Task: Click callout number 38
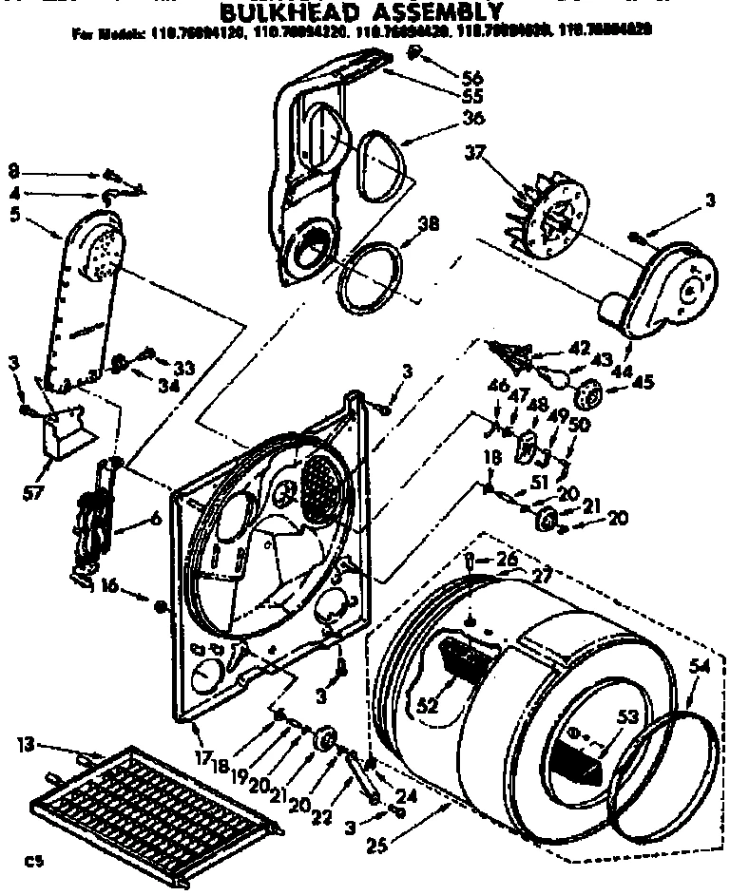[x=428, y=225]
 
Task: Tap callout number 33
[x=183, y=369]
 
